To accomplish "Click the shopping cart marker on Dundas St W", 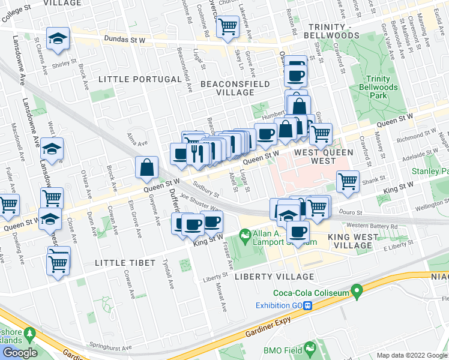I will click(228, 27).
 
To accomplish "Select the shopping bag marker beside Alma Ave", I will click(147, 169).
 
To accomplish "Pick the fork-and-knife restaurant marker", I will click(197, 154).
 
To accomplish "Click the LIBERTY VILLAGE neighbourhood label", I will click(274, 277).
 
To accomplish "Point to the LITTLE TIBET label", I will click(125, 263).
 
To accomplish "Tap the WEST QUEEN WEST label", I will click(323, 157).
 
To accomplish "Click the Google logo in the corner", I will click(19, 353).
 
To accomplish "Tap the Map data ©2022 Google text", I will click(412, 355).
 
